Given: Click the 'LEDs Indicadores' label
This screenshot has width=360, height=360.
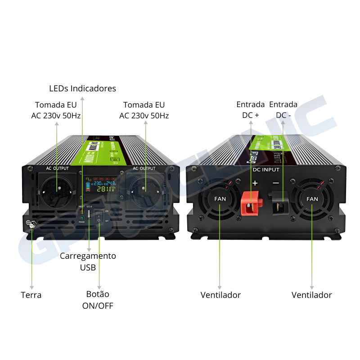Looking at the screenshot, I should pos(82,88).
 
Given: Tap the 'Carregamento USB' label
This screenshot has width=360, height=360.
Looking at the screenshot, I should pos(88,261).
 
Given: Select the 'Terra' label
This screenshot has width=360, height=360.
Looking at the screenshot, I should pos(31,295).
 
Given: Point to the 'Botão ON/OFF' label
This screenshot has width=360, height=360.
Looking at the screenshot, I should pos(98,300).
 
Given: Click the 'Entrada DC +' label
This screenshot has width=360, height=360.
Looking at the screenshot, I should pos(251,110).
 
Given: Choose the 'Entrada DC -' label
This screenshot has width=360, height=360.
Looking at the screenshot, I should pos(283,110).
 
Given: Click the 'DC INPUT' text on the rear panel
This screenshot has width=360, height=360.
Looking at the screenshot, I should pos(266,170).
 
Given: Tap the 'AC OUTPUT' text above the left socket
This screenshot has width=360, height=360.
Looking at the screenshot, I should pos(57,168).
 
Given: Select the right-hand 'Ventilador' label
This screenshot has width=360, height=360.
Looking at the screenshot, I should pos(311,295).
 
